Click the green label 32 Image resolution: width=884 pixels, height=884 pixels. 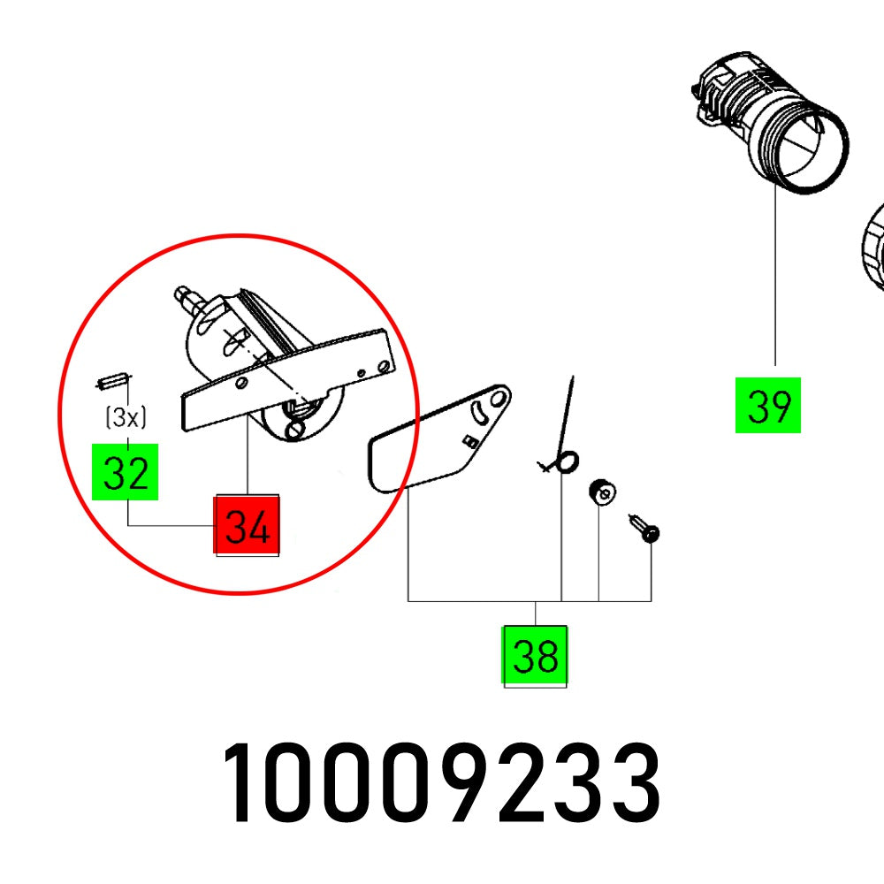pyautogui.click(x=126, y=472)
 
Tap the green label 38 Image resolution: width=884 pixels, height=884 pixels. pyautogui.click(x=535, y=657)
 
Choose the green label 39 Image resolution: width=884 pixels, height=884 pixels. pyautogui.click(x=767, y=405)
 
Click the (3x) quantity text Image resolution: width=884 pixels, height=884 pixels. pyautogui.click(x=126, y=417)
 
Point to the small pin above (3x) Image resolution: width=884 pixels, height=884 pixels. pyautogui.click(x=107, y=382)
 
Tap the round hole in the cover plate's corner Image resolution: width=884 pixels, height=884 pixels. pyautogui.click(x=497, y=399)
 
